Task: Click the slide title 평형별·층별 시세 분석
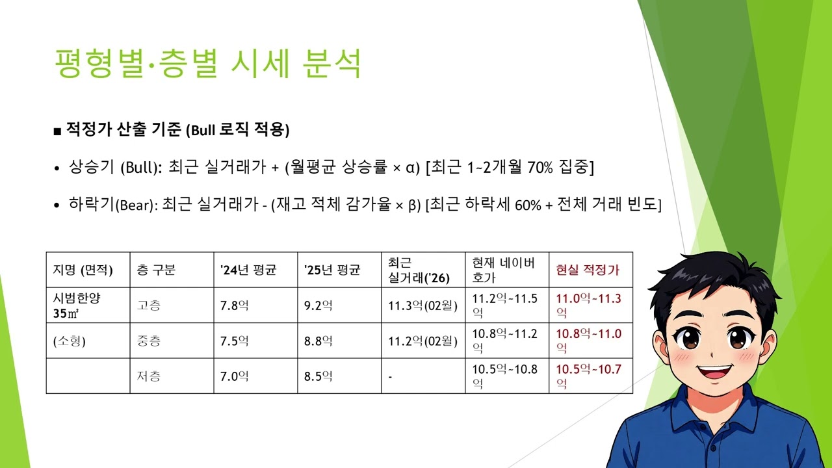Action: point(208,64)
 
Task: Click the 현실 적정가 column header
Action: point(588,270)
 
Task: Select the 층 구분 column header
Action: point(156,270)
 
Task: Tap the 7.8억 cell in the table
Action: point(235,305)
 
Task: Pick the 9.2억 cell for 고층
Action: point(318,305)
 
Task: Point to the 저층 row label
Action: point(149,376)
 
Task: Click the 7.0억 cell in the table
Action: point(235,376)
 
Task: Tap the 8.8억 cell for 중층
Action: point(318,341)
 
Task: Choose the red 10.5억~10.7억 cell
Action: point(589,376)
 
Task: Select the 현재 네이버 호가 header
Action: point(504,270)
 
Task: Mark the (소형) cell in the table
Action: point(70,341)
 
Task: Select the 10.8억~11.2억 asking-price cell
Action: point(504,341)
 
